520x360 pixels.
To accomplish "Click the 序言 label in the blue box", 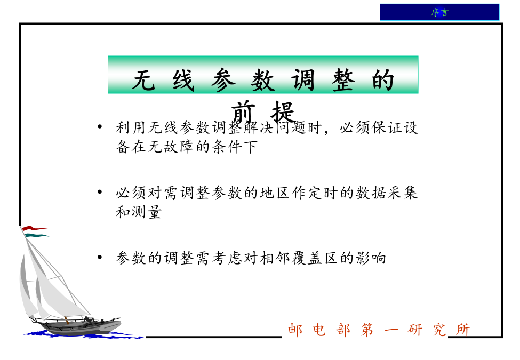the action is (x=439, y=13).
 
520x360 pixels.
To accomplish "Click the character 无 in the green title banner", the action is (x=143, y=80).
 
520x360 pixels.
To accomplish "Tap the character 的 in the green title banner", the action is (x=383, y=80).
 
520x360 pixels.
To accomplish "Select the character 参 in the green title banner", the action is (x=223, y=80).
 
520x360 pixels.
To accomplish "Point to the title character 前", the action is (x=243, y=112).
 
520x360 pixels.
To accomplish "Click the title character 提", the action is (x=283, y=112).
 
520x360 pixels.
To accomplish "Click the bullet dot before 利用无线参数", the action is (x=100, y=126).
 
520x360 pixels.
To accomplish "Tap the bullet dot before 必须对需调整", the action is (x=100, y=191).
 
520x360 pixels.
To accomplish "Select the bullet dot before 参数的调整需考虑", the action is (x=100, y=257).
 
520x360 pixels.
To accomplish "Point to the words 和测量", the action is (x=139, y=212).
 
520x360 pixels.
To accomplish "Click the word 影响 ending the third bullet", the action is (x=371, y=258).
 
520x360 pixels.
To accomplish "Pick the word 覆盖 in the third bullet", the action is (x=307, y=258).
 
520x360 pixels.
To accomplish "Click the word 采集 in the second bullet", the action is (x=403, y=193).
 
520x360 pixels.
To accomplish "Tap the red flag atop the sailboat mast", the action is (x=34, y=228).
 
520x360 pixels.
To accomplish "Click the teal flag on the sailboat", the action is (x=37, y=235).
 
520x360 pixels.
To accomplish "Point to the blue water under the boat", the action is (x=83, y=335).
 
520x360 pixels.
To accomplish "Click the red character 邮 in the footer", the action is (x=295, y=330).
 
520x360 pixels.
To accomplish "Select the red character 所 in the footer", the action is (x=463, y=330).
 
